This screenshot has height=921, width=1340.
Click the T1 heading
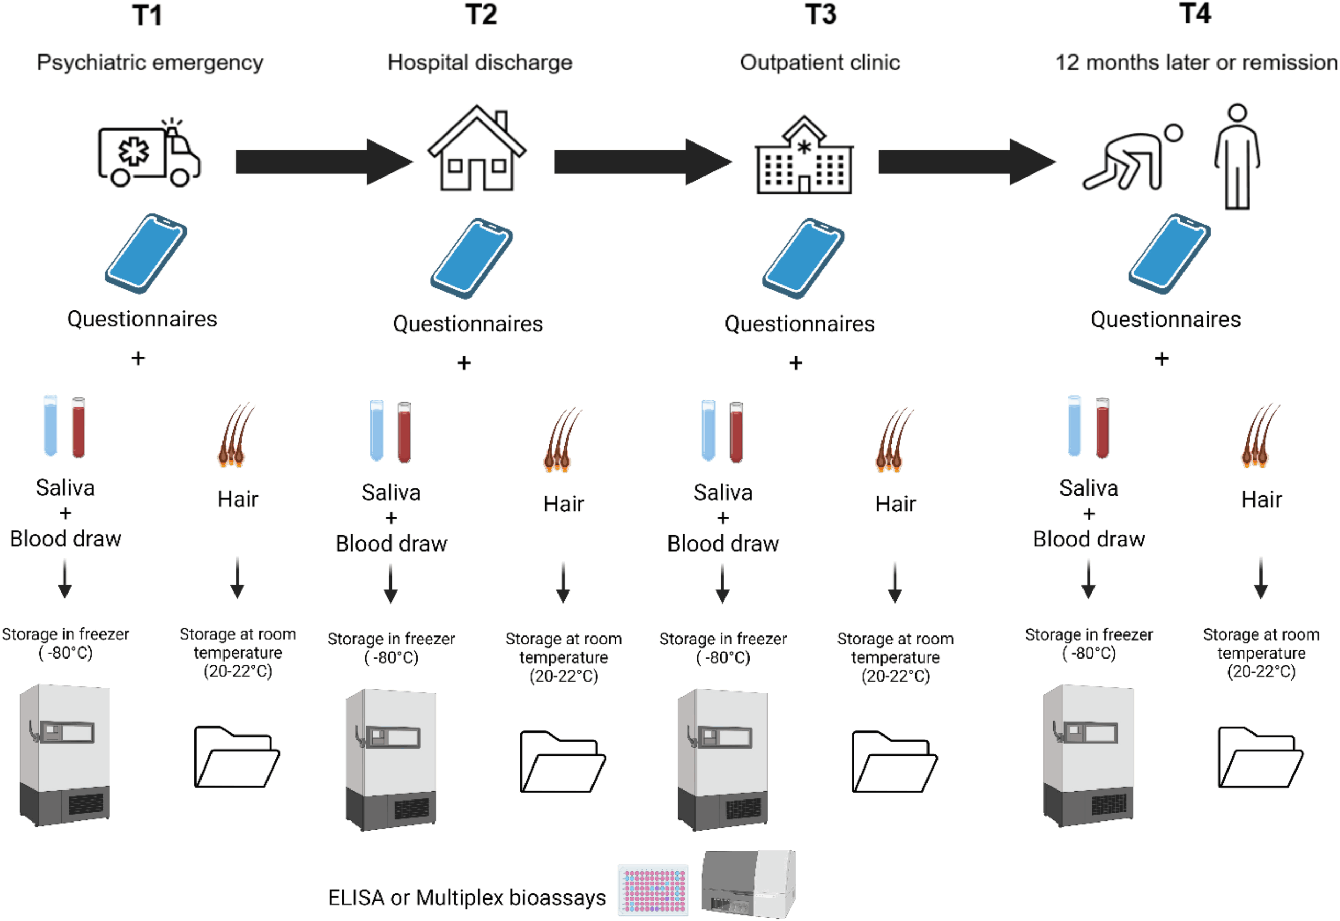[x=147, y=15]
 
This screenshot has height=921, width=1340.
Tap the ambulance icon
[x=149, y=153]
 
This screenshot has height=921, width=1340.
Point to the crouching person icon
[x=1132, y=157]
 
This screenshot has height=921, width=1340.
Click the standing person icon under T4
[x=1237, y=156]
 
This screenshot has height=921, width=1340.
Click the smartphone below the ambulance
[x=146, y=254]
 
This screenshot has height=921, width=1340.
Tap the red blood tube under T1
[x=79, y=427]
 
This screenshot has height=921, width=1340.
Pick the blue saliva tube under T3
[x=709, y=431]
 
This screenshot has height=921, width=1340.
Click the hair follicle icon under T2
[x=561, y=439]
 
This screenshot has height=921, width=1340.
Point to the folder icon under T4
[x=1260, y=757]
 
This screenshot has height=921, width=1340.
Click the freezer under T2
[x=391, y=760]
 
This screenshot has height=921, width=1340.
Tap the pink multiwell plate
[x=653, y=890]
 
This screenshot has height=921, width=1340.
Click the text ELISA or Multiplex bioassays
[x=467, y=898]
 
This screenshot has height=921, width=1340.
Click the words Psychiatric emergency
[x=150, y=62]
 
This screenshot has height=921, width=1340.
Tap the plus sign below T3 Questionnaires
[x=796, y=363]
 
